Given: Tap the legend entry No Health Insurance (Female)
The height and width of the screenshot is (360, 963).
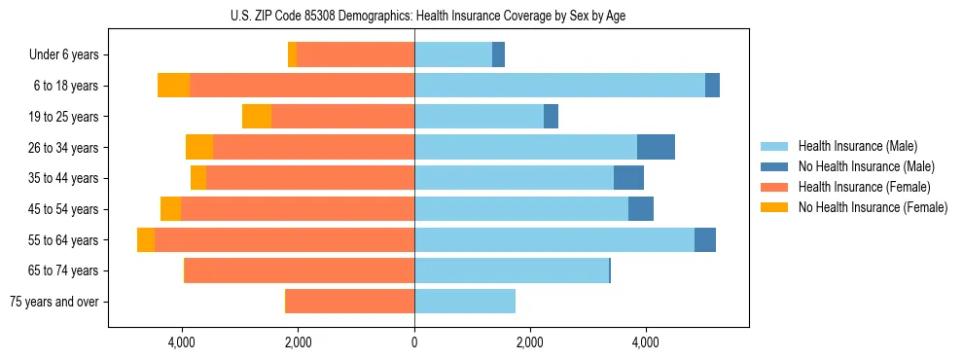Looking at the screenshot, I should coord(873,207).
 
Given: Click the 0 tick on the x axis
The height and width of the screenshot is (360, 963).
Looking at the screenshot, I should coord(414,342).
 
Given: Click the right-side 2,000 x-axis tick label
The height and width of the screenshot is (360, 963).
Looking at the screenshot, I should coord(529,342).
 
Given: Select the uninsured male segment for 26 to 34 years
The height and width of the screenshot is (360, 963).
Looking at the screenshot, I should coord(656,147).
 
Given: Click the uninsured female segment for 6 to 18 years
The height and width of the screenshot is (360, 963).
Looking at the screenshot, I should coord(173,86).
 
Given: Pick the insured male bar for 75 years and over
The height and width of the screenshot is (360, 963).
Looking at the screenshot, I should coord(465,302).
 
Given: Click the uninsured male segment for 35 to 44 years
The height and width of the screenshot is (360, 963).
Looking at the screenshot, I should coord(628,178).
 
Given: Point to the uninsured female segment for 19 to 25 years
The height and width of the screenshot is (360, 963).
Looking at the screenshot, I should coord(257,117).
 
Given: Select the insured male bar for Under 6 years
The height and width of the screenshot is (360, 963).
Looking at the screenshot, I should coord(453,55).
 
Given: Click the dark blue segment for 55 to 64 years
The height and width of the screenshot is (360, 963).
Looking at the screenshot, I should coord(705,240).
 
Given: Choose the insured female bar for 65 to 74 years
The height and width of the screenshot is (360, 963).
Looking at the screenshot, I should coord(300,270).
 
